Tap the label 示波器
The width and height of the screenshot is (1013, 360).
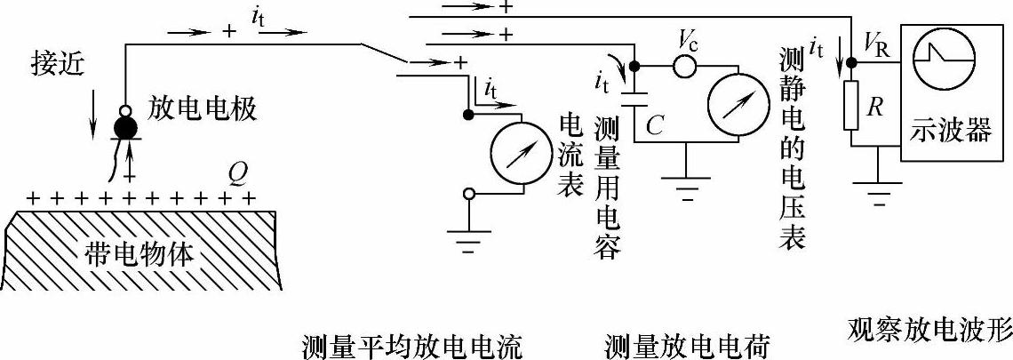tap(949, 132)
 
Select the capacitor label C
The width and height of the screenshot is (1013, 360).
tap(655, 126)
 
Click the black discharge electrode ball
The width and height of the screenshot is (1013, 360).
tap(126, 128)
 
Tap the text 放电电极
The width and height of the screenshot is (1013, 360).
tap(199, 109)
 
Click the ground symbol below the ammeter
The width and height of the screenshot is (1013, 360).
tap(468, 237)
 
